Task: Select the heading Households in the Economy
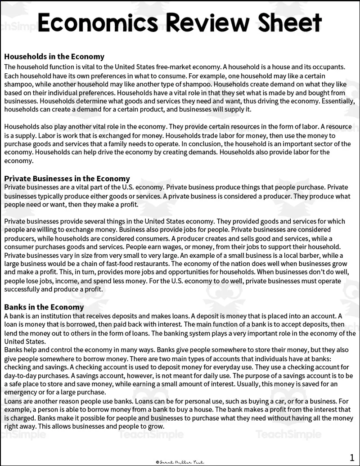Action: pos(54,57)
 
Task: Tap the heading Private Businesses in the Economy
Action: pos(67,179)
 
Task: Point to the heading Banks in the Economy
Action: pos(44,307)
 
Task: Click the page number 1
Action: pos(352,457)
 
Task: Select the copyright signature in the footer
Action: pos(180,461)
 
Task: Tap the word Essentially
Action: pos(329,101)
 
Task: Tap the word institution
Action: pos(56,316)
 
